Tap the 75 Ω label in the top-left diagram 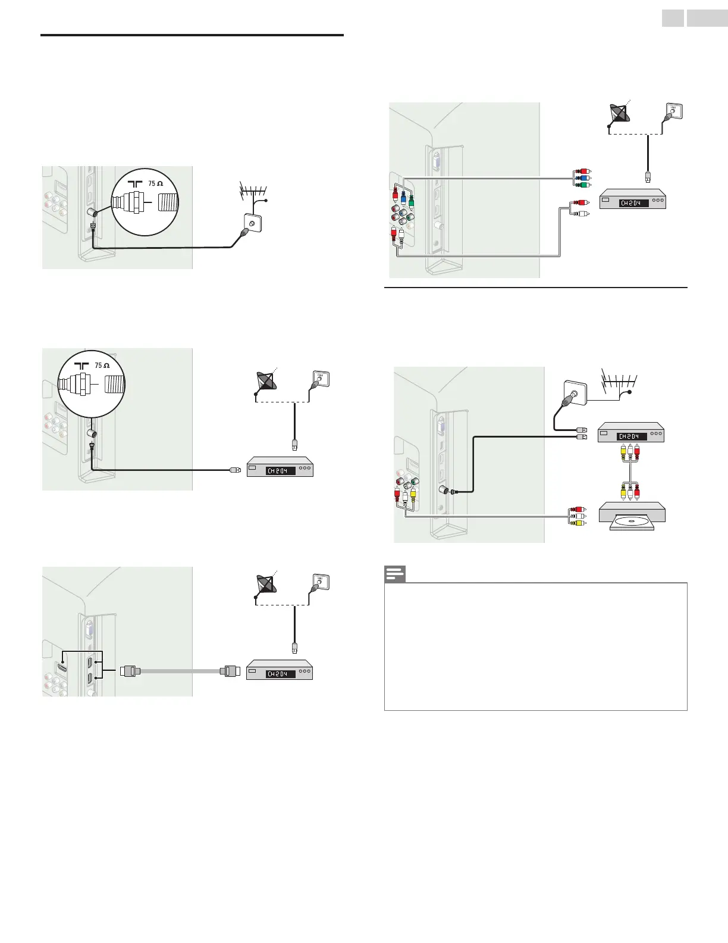tap(156, 183)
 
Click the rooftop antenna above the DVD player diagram tap(619, 383)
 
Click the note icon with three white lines tap(394, 574)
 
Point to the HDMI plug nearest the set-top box tap(230, 671)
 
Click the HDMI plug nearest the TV tap(130, 671)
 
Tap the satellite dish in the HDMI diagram tap(265, 585)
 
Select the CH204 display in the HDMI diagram tap(280, 674)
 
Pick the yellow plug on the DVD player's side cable tap(577, 523)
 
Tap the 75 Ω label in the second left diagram tap(102, 366)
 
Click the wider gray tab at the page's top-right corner tap(707, 18)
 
